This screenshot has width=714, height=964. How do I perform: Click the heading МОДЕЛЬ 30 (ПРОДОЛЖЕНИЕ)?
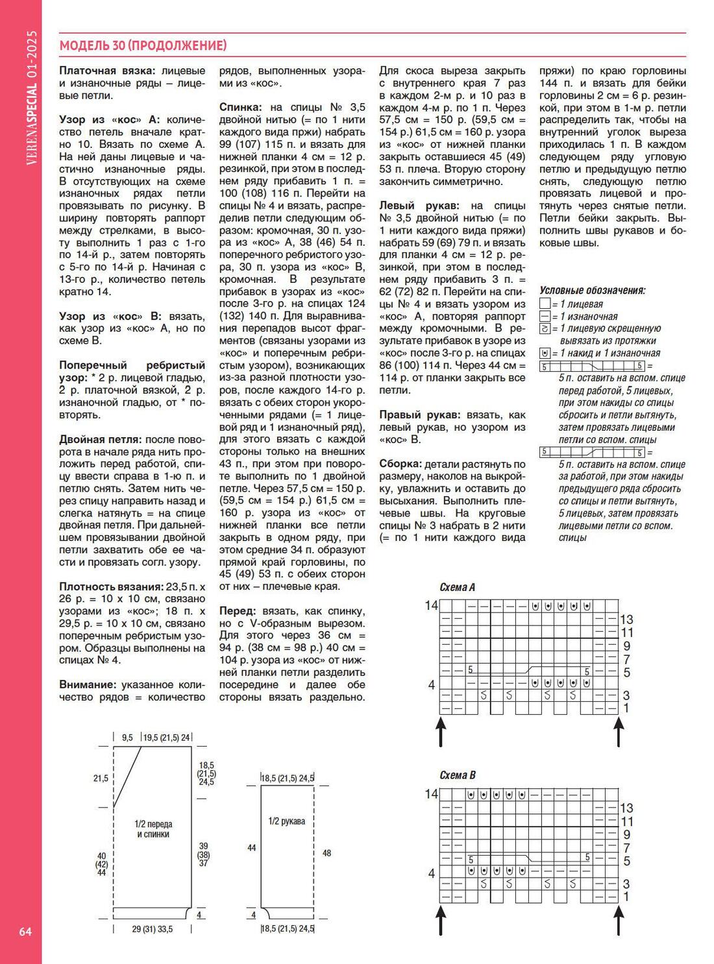click(x=143, y=45)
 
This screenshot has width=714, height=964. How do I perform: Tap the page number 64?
click(x=25, y=932)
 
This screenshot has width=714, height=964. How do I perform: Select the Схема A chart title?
click(x=457, y=587)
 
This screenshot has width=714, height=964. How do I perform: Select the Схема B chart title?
click(x=457, y=775)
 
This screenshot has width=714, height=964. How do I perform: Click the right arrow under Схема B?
click(x=619, y=920)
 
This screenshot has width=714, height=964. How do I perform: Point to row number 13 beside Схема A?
click(x=626, y=620)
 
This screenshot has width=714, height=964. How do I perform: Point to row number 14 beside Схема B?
click(x=431, y=794)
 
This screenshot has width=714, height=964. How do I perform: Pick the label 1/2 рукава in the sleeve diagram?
click(x=286, y=821)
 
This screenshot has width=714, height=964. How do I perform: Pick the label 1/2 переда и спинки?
click(x=153, y=829)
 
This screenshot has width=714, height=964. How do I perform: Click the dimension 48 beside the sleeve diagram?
click(x=326, y=853)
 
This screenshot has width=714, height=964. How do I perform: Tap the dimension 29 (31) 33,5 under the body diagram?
click(x=153, y=929)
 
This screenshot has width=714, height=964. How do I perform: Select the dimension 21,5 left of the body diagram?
click(x=101, y=778)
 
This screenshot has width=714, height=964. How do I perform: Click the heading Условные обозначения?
click(x=592, y=291)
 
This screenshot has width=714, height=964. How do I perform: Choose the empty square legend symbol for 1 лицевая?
click(x=545, y=304)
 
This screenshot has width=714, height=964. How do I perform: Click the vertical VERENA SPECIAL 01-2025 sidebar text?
click(x=32, y=97)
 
